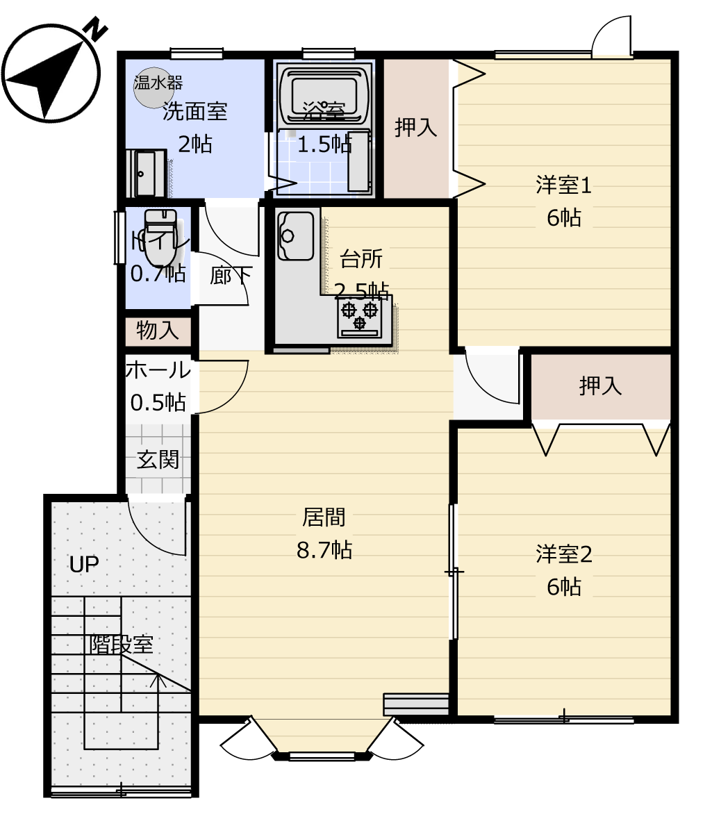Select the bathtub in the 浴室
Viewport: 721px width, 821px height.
[324, 94]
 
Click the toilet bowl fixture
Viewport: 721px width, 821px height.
[160, 238]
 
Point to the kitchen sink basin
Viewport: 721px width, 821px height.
[295, 235]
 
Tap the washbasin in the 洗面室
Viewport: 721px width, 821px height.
[146, 174]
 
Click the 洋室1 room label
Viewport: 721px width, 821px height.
[563, 185]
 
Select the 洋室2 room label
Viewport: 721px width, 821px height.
[563, 554]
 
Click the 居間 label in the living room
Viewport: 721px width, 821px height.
[324, 517]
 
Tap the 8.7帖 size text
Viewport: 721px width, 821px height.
[324, 550]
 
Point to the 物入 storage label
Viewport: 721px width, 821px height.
[158, 331]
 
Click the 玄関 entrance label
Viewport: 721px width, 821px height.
[158, 460]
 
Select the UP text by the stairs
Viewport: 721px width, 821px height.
[84, 565]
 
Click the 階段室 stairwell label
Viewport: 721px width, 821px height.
[122, 645]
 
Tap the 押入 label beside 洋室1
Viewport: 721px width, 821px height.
[416, 127]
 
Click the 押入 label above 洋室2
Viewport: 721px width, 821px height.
[601, 386]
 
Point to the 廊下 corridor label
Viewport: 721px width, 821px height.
[231, 276]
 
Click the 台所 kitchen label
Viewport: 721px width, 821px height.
[361, 258]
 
